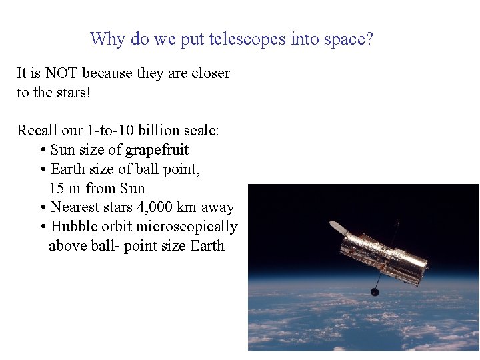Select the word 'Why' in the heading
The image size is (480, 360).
click(x=107, y=39)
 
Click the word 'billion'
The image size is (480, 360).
click(x=163, y=131)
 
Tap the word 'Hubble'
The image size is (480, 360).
click(x=75, y=227)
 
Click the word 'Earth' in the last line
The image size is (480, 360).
click(x=207, y=246)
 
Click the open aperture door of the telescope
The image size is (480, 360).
click(x=339, y=228)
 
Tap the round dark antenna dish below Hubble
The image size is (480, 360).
click(x=375, y=291)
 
